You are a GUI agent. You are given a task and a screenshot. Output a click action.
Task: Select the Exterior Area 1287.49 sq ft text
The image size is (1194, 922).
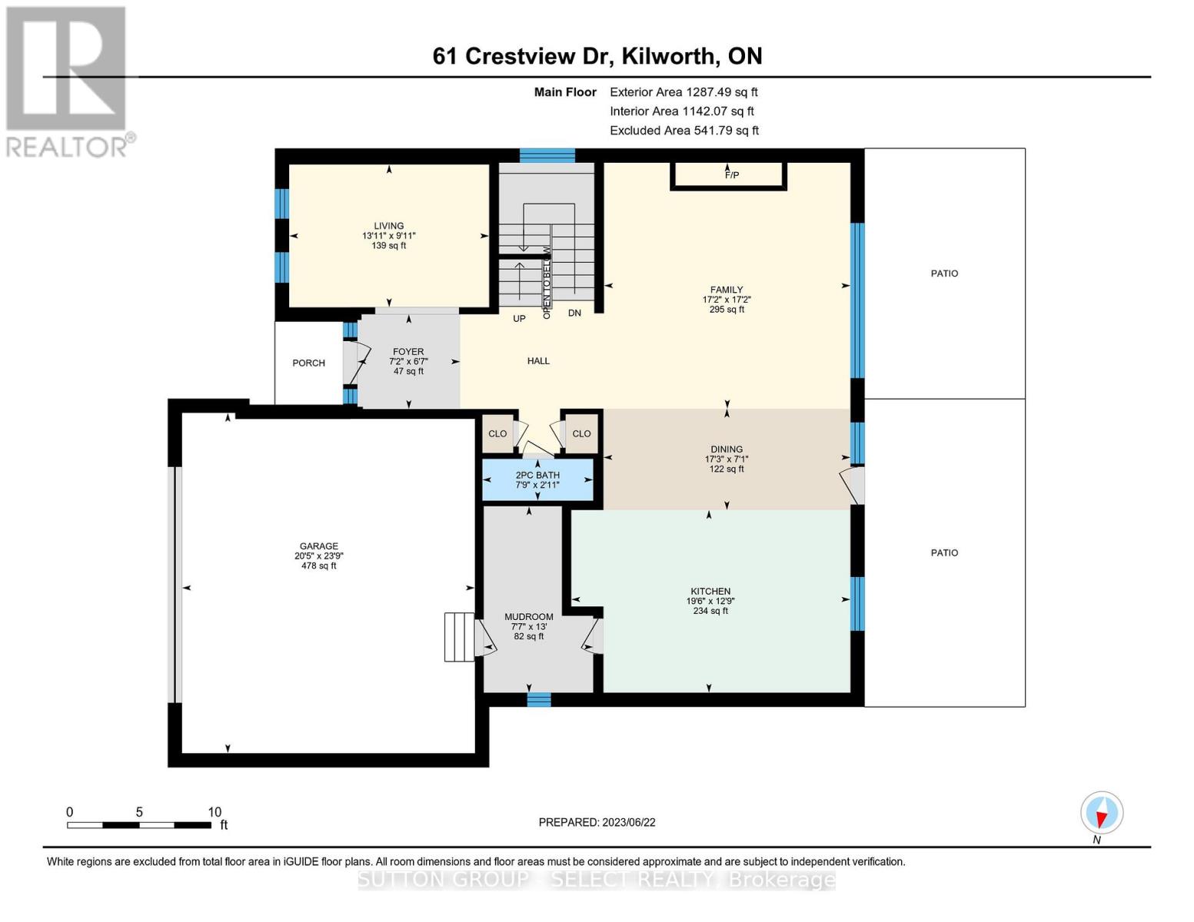(x=683, y=92)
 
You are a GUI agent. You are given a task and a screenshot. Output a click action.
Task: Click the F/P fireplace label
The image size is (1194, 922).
(x=731, y=175)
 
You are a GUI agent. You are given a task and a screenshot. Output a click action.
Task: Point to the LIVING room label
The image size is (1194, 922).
(x=388, y=227)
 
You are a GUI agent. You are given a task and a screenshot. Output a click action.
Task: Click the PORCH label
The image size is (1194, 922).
(x=308, y=363)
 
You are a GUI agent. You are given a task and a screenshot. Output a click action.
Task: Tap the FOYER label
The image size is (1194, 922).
(x=408, y=352)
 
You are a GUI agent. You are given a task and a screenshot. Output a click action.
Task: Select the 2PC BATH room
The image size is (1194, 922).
(x=537, y=480)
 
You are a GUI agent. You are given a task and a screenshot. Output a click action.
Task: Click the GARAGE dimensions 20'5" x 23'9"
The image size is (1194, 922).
(x=318, y=556)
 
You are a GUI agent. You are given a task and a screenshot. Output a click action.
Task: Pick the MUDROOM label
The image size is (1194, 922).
(x=528, y=617)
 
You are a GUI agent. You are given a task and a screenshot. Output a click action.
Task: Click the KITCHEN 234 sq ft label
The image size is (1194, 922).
(x=710, y=611)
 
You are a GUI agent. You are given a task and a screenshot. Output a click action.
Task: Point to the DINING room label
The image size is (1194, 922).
(x=727, y=449)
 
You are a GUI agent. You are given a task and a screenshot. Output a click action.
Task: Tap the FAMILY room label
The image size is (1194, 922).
(x=727, y=290)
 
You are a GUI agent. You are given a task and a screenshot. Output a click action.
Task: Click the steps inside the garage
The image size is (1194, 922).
(x=460, y=637)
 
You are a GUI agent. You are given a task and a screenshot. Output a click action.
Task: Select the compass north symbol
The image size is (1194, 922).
(x=1102, y=813)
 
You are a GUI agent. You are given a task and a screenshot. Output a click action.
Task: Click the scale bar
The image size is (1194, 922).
(x=139, y=825)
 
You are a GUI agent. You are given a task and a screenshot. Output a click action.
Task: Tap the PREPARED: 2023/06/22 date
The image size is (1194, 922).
(x=597, y=822)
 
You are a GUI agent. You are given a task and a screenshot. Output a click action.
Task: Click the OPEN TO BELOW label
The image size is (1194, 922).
(x=547, y=282)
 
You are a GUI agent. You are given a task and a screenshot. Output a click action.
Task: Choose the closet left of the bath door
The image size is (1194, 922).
(x=497, y=434)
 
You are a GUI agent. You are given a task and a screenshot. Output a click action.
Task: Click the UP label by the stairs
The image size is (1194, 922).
(x=519, y=318)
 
